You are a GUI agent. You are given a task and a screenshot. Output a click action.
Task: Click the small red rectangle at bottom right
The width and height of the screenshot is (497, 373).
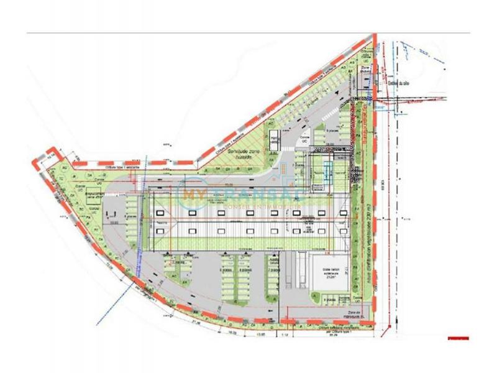pos(458,338)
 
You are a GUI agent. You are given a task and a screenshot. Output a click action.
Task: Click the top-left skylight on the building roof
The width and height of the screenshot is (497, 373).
pos(162,213)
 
